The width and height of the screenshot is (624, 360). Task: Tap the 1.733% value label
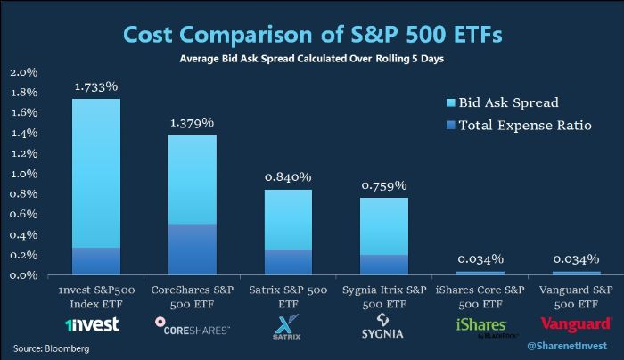point(95,86)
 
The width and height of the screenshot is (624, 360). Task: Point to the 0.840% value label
point(288,176)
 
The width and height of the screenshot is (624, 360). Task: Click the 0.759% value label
point(384,185)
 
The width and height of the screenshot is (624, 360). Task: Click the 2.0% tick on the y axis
point(23,71)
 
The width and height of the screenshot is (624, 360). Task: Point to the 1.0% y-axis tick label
point(23,174)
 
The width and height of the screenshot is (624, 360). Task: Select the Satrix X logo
point(288,325)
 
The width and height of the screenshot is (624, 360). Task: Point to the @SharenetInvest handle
point(564,346)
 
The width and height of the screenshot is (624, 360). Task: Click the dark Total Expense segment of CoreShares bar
point(192,249)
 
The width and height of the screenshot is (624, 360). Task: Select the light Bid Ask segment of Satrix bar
point(288,219)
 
